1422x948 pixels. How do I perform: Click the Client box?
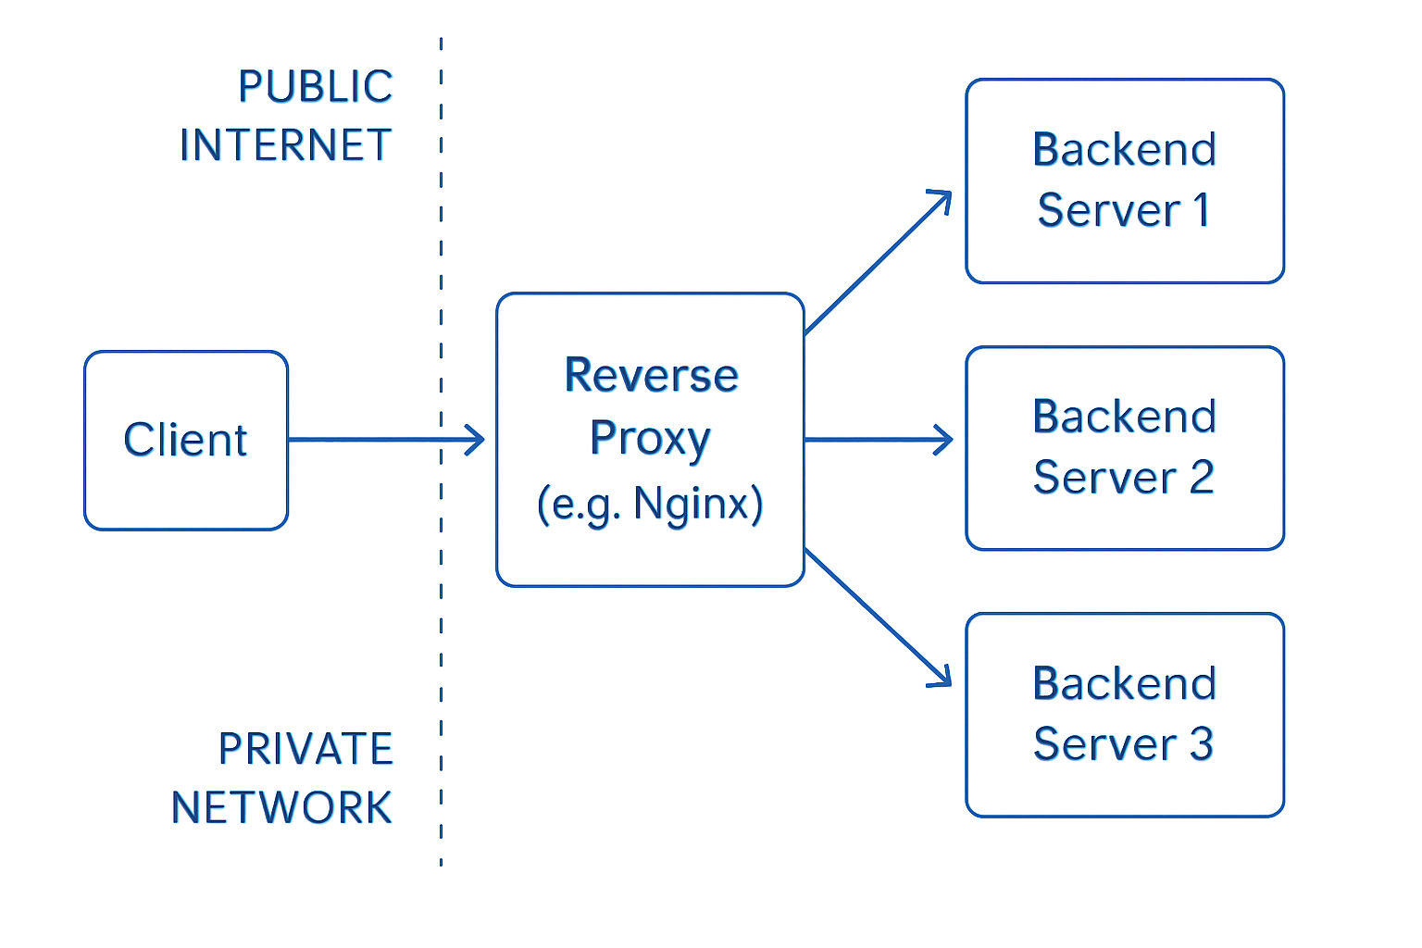click(x=185, y=440)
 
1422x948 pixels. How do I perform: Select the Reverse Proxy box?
click(x=650, y=440)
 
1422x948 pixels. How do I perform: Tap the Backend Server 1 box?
click(x=1124, y=181)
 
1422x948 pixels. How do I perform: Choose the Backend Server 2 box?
click(x=1124, y=448)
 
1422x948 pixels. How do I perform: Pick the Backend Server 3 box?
click(x=1124, y=715)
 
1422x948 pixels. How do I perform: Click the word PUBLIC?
click(x=315, y=87)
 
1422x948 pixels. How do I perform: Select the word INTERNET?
click(x=285, y=146)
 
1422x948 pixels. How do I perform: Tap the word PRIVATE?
click(x=306, y=749)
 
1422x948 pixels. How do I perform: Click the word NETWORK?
click(x=281, y=808)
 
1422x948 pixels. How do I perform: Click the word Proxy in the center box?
click(x=650, y=438)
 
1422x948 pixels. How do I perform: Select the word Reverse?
click(x=651, y=376)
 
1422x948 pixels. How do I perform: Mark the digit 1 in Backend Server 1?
click(x=1202, y=210)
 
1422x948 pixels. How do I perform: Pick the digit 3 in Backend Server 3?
click(x=1201, y=744)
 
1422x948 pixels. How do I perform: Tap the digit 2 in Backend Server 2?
click(x=1201, y=478)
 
